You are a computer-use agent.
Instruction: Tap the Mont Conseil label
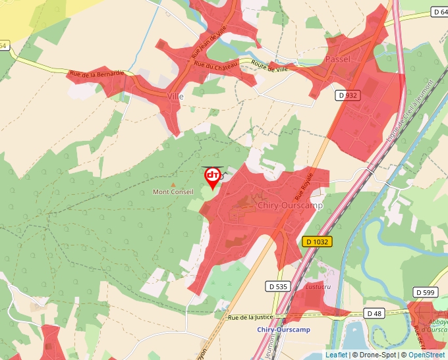coord(173,192)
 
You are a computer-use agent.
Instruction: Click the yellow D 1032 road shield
coord(318,242)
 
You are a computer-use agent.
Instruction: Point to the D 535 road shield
coord(279,286)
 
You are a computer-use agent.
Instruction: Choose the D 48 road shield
coord(374,313)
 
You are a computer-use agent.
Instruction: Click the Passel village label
coord(338,59)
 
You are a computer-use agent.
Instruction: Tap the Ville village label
coord(175,96)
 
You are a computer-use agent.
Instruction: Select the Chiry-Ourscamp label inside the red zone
coord(291,205)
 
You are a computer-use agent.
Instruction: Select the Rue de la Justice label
coord(250,317)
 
